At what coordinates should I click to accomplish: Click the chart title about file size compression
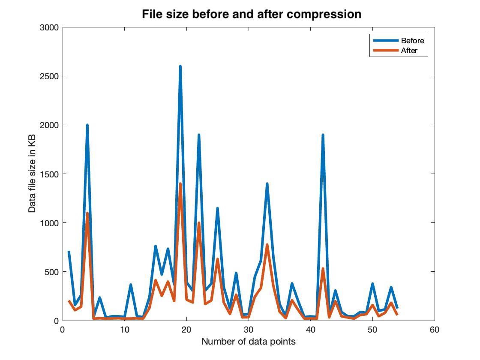252,14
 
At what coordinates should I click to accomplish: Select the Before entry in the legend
412,41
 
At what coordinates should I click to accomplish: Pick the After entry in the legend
409,51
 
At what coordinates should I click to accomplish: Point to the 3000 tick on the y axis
49,27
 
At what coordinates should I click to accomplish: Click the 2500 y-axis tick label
49,76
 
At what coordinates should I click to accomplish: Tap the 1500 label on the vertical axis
49,174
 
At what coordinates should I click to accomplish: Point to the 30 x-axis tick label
249,330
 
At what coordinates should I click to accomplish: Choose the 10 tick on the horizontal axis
125,330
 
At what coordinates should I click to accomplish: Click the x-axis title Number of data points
248,342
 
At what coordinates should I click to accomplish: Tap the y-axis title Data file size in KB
32,174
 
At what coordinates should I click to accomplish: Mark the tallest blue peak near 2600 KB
180,67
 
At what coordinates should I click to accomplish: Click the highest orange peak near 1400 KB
180,184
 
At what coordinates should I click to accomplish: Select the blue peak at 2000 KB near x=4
87,126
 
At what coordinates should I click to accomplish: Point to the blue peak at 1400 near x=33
267,184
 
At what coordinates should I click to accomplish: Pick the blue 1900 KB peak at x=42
323,135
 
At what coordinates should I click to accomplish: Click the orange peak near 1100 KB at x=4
87,213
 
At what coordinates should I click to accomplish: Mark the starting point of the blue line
69,252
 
